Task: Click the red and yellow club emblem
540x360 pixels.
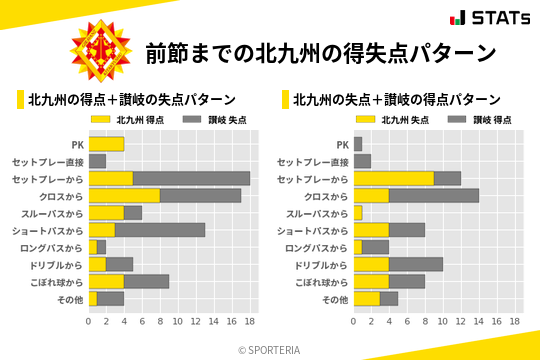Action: click(101, 51)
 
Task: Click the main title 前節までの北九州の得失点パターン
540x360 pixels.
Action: click(320, 52)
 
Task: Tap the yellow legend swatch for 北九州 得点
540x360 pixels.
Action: click(102, 119)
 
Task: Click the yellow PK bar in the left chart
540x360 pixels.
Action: click(106, 144)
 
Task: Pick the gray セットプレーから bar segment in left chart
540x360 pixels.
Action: click(191, 178)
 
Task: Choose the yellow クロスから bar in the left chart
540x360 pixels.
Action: click(124, 195)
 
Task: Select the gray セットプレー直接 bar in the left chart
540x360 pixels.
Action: click(97, 161)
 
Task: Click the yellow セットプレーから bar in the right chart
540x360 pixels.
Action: click(393, 178)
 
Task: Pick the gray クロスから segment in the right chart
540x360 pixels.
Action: click(434, 195)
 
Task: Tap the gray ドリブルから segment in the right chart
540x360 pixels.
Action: click(416, 264)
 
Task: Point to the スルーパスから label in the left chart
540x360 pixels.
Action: click(55, 213)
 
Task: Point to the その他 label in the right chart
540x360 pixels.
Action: click(333, 299)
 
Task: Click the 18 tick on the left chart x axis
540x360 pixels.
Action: click(250, 322)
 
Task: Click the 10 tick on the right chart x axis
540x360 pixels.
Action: click(443, 322)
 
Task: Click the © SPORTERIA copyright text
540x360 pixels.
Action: click(270, 349)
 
